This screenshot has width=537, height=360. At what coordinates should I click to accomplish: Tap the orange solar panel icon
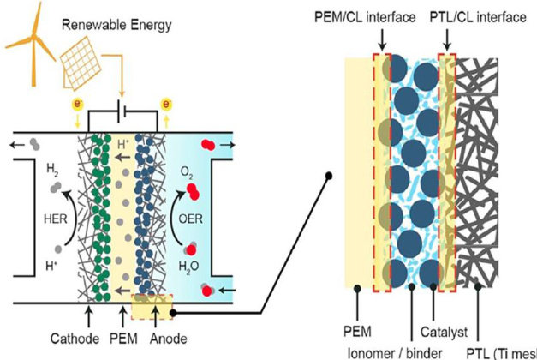coord(84,53)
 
